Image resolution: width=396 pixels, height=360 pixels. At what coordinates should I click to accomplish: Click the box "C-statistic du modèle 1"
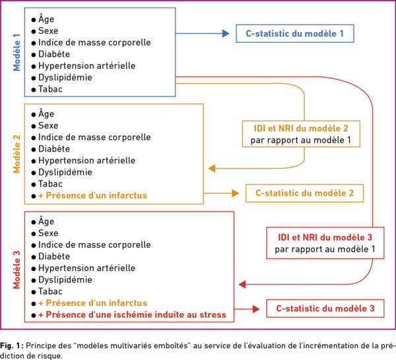[x=295, y=34]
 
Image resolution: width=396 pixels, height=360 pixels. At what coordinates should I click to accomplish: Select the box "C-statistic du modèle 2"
[x=304, y=193]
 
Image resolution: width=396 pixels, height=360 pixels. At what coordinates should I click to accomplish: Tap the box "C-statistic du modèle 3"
[x=325, y=309]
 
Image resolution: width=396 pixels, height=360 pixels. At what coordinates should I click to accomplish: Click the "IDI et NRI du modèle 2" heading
[x=301, y=129]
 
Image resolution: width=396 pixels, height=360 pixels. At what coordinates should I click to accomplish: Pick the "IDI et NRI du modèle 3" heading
[x=325, y=237]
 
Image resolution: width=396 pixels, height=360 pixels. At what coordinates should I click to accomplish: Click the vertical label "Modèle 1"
[x=16, y=52]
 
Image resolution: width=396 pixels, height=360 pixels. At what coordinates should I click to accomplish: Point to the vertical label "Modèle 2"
[x=16, y=154]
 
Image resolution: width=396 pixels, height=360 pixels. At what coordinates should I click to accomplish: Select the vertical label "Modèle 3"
[x=16, y=270]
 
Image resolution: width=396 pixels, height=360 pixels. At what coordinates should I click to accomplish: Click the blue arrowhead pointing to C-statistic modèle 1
[x=226, y=34]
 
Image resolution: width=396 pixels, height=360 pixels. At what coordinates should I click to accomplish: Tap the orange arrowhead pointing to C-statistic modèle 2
[x=236, y=193]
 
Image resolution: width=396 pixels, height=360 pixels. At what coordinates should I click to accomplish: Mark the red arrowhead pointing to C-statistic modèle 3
[x=256, y=309]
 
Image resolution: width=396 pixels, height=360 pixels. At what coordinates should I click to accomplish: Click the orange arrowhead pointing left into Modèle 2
[x=212, y=168]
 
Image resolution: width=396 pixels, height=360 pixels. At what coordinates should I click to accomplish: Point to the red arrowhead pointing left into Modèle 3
[x=242, y=285]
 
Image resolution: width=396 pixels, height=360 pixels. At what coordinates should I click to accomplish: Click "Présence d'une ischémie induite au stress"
[x=136, y=315]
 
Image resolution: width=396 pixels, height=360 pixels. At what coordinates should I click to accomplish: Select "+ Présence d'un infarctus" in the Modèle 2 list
[x=92, y=196]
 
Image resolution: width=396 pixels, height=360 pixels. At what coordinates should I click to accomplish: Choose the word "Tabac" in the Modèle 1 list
[x=50, y=89]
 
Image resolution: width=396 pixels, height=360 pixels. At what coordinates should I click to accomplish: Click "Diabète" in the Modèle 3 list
[x=54, y=256]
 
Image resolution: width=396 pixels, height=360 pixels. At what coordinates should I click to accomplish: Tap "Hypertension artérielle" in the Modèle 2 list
[x=86, y=160]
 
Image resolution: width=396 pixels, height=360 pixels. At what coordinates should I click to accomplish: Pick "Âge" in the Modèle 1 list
[x=46, y=18]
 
